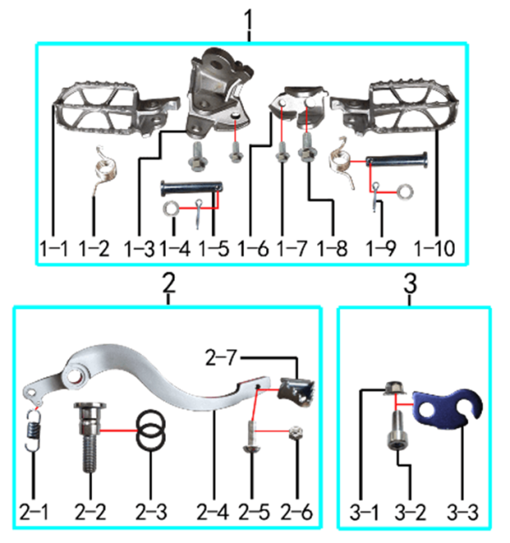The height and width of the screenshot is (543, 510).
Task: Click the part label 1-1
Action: point(54,249)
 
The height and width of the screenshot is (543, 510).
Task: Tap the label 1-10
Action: point(434,249)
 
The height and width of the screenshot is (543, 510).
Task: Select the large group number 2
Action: point(169,283)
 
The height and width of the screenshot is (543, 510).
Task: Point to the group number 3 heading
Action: point(410,284)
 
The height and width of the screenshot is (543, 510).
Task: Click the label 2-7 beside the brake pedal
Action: point(221,357)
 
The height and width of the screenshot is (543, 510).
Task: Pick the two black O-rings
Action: point(150,431)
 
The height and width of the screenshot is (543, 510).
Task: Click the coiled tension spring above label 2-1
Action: point(34,431)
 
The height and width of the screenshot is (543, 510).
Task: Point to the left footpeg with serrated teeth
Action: point(116,109)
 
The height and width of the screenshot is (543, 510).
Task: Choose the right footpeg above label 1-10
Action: point(394,108)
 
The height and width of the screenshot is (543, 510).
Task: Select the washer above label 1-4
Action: point(171,209)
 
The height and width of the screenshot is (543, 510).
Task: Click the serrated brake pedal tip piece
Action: point(297,392)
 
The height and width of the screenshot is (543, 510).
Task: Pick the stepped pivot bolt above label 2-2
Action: point(89,437)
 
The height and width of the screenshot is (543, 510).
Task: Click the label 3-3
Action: point(462,512)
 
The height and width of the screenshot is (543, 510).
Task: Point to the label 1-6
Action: point(253,249)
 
